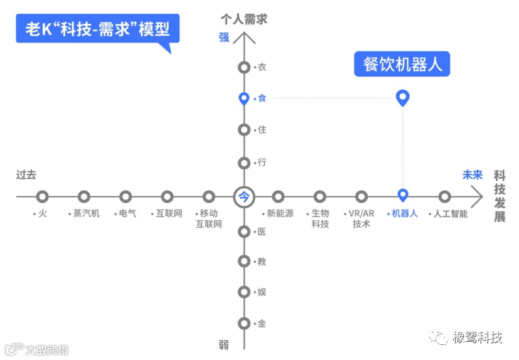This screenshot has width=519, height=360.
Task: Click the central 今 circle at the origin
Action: (244, 197)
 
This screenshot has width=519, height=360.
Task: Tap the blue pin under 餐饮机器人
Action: (403, 97)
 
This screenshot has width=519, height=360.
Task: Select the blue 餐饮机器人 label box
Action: (402, 64)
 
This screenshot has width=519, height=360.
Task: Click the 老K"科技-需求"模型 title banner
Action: (97, 29)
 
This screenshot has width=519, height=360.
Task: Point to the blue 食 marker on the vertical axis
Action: (244, 98)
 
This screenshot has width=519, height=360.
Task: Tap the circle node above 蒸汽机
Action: (84, 197)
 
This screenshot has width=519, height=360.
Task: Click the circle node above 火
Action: (42, 197)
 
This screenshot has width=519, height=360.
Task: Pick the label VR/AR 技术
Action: (361, 218)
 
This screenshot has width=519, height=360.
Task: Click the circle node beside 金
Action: (244, 324)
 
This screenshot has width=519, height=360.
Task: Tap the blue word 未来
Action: (472, 175)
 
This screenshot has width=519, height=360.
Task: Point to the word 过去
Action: (26, 175)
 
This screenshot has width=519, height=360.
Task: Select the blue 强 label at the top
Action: (224, 37)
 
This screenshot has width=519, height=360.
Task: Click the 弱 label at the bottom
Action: (224, 344)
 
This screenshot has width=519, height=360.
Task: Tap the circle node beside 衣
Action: (244, 68)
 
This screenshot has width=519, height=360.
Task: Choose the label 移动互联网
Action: (208, 218)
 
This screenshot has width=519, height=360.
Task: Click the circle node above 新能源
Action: (278, 197)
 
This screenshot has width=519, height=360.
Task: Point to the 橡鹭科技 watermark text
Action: (478, 339)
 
